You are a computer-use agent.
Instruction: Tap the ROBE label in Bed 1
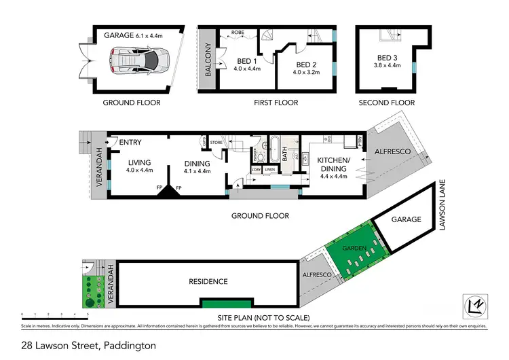pos(238,32)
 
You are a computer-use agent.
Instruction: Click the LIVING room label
pos(139,163)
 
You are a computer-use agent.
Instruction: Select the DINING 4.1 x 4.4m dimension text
pos(197,170)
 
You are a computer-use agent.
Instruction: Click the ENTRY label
pos(129,142)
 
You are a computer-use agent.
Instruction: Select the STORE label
pos(216,143)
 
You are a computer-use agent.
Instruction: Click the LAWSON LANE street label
pos(442,210)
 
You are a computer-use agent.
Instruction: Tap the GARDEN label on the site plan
pos(354,249)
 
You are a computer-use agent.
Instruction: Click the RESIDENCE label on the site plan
pos(208,281)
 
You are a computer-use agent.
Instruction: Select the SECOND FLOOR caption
pos(386,103)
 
